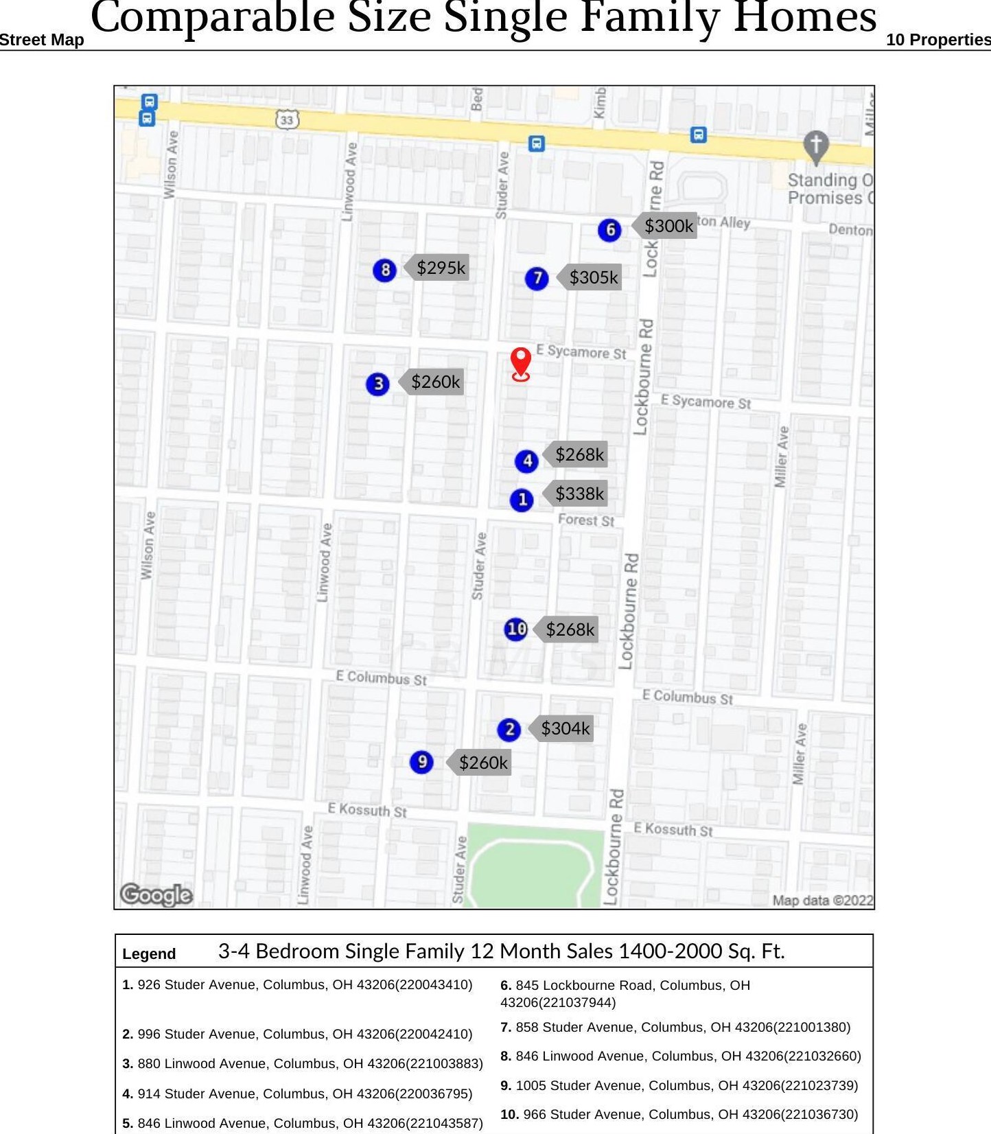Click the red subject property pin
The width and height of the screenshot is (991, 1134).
pos(521,362)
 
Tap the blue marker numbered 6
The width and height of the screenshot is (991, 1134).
pos(609,230)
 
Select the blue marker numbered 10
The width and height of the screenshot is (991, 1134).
pos(515,629)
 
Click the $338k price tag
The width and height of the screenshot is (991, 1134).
pos(579,494)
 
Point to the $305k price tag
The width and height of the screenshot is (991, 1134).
pos(593,277)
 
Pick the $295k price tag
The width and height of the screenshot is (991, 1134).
pos(440,268)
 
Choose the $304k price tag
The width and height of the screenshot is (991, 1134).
pos(564,728)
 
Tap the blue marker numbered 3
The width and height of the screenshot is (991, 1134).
pos(377,384)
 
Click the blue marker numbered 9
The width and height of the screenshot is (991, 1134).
pos(421,762)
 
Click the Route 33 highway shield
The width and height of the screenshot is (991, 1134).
pos(287,120)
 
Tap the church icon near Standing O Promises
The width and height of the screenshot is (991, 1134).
pos(815,146)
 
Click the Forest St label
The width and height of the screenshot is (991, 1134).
pos(585,520)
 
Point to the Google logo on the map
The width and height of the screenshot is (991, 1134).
pos(156,894)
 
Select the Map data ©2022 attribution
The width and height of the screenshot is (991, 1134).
pos(822,901)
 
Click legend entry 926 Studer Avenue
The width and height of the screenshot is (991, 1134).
pos(298,985)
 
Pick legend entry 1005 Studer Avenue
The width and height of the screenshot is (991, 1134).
pos(679,1085)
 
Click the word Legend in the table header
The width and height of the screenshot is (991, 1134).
pos(149,953)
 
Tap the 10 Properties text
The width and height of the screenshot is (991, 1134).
pos(937,40)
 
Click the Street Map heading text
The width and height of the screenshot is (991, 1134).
pos(42,40)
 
